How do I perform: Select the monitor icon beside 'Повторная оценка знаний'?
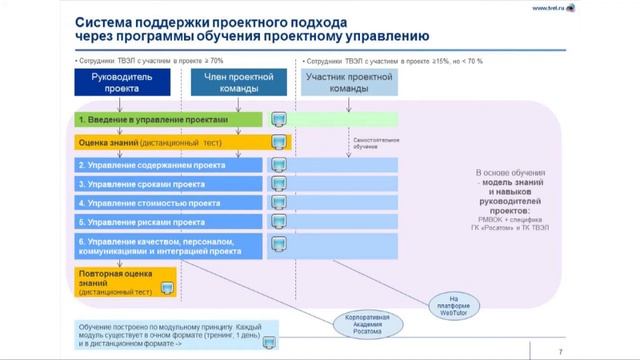[168, 286]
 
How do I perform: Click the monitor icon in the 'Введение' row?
[280, 120]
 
